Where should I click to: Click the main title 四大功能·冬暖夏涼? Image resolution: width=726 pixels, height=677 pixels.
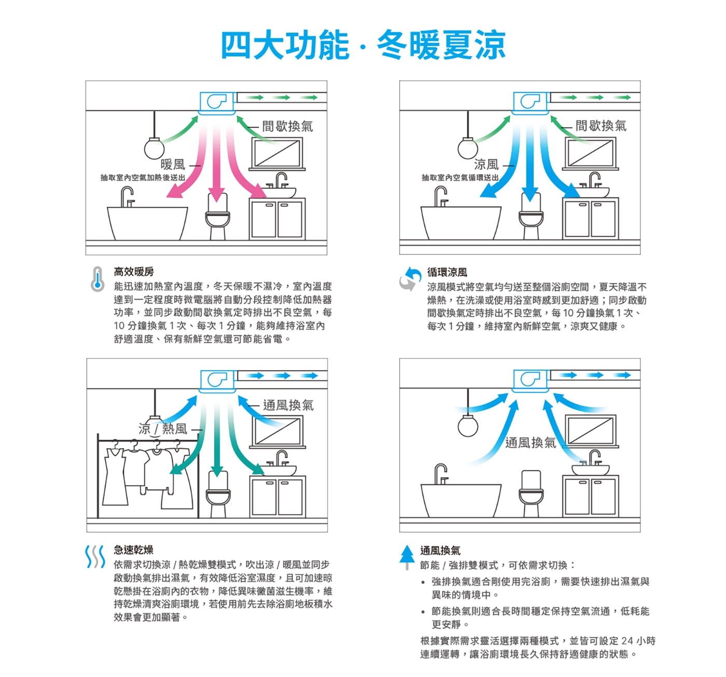364,45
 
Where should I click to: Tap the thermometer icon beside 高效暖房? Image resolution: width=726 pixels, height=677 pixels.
97,279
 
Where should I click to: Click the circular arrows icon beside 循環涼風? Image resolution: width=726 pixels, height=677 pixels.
410,278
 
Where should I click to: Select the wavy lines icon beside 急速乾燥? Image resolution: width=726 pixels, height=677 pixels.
95,557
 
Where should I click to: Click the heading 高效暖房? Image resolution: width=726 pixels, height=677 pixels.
134,272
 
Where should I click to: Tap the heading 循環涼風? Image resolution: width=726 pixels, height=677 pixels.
447,272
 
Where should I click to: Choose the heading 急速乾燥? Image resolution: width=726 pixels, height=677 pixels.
133,549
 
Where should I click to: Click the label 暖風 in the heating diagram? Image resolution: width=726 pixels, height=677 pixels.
173,164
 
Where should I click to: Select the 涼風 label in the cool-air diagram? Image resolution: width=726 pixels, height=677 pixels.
486,164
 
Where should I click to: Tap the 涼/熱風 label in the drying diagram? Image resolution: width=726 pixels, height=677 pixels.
163,429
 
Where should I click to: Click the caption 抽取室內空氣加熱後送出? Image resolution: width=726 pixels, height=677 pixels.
143,178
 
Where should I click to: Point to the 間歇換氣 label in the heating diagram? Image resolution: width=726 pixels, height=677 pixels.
288,126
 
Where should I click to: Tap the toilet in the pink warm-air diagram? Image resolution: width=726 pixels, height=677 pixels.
217,216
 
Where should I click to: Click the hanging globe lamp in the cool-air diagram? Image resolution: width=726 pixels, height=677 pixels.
468,148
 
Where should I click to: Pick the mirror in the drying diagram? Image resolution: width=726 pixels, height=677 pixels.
278,432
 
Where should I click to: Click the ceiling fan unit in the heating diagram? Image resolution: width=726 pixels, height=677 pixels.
217,103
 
